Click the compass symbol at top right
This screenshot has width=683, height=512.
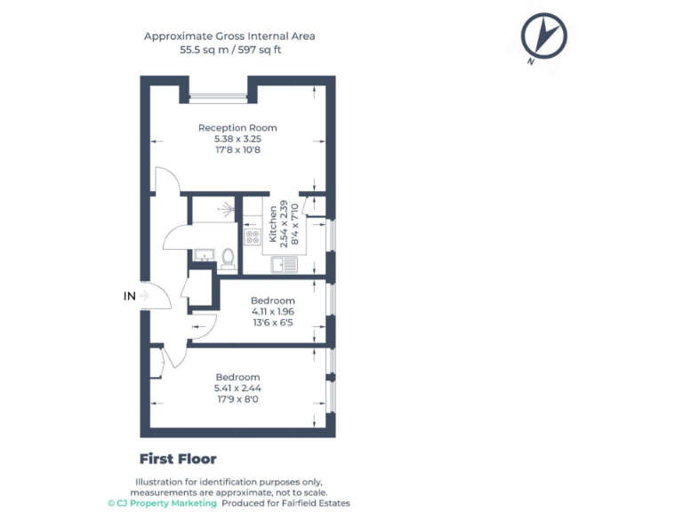[543, 37]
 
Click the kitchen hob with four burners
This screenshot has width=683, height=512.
[253, 236]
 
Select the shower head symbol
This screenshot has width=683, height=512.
[227, 210]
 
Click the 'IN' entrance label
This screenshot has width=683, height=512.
[129, 296]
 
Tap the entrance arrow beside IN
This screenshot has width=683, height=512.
[144, 296]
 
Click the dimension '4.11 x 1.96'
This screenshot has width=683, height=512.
[272, 312]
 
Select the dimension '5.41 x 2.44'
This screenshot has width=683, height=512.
[237, 388]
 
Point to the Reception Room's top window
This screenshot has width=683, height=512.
[218, 98]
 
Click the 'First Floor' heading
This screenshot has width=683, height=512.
[178, 460]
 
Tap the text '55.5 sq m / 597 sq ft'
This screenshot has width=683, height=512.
[229, 50]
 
